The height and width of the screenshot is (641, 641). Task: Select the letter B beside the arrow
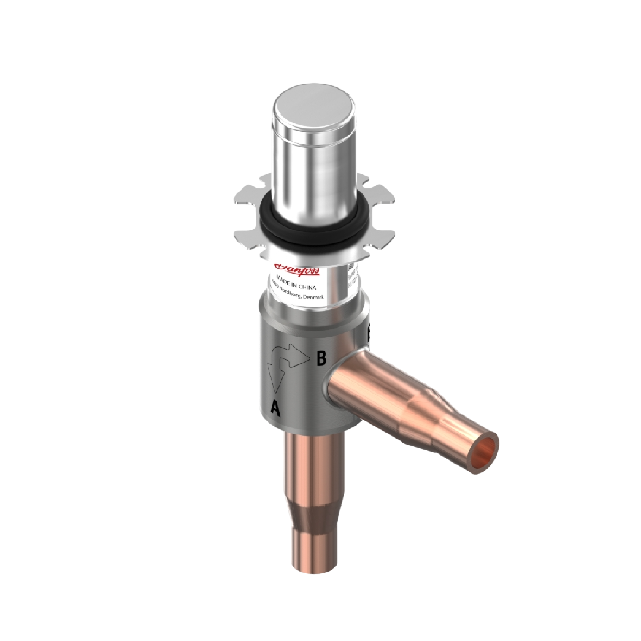coord(321,358)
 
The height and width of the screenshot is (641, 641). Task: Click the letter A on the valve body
coord(275,407)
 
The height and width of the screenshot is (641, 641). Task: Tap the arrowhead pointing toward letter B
coord(302,356)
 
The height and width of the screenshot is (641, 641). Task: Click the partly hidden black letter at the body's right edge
coord(369,332)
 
